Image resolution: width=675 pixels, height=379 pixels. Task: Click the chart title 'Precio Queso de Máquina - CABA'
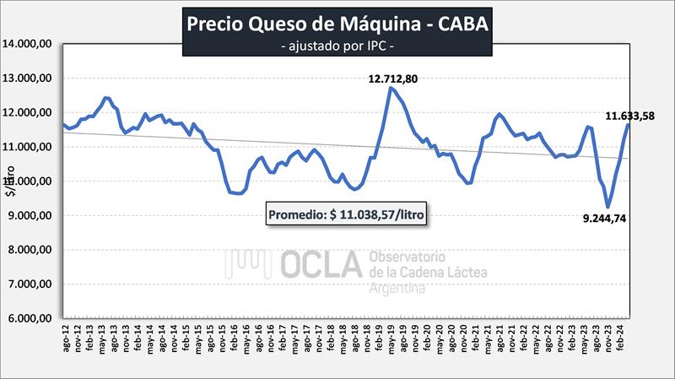[336, 24]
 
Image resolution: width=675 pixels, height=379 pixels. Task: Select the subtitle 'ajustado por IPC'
[337, 45]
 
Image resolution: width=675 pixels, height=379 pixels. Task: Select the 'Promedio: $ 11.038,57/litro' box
[347, 215]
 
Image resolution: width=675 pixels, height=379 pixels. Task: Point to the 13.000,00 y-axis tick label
[30, 78]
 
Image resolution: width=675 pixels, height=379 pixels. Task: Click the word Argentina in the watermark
[397, 288]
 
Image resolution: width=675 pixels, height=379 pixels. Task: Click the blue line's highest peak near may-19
[391, 88]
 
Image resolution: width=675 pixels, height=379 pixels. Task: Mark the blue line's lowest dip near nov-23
[608, 207]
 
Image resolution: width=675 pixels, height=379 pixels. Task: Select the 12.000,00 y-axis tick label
[30, 112]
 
